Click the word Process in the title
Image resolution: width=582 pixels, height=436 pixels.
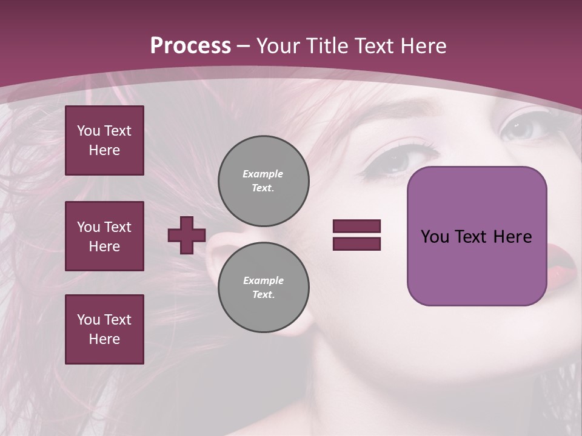(x=190, y=46)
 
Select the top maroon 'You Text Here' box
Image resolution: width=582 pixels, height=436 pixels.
(x=104, y=140)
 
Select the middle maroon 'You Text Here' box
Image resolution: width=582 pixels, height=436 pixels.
(x=104, y=236)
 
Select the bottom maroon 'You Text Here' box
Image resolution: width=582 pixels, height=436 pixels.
(x=104, y=329)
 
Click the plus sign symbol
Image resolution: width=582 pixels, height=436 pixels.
(x=187, y=235)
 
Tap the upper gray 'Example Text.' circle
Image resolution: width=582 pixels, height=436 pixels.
(x=263, y=181)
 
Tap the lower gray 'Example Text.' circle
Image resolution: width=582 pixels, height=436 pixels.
(x=263, y=288)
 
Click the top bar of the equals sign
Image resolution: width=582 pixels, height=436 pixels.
(x=356, y=226)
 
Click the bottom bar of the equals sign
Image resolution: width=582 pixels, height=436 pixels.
(x=356, y=243)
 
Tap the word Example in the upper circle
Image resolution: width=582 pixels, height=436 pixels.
(x=263, y=174)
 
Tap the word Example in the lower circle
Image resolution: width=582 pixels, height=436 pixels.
(x=263, y=280)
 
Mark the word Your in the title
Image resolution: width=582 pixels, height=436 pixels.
(x=276, y=46)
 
